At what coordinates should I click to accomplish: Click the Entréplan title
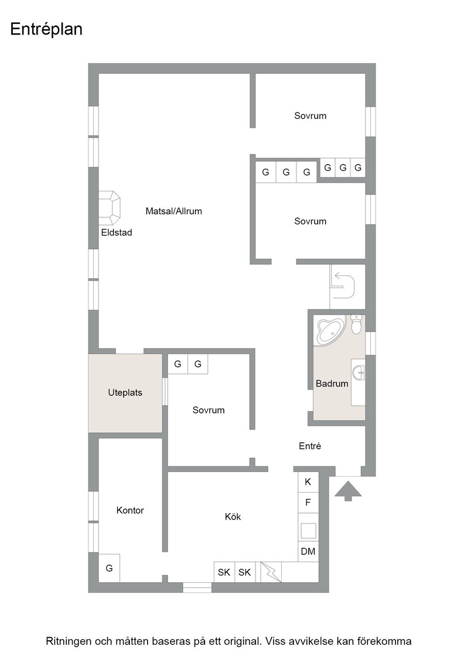click(46, 29)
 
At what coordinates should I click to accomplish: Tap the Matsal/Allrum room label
click(173, 211)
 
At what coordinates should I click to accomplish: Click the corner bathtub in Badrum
click(330, 332)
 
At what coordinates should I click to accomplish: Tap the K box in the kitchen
click(308, 482)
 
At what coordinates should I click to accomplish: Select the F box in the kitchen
click(308, 503)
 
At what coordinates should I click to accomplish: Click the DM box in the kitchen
click(308, 551)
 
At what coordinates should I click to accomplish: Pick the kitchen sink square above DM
click(308, 531)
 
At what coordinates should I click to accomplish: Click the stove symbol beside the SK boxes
click(271, 572)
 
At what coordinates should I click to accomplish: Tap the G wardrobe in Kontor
click(109, 568)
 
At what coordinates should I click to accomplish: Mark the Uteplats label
click(125, 393)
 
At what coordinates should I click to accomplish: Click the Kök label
click(233, 517)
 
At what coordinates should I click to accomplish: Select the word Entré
click(310, 446)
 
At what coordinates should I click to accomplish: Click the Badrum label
click(332, 383)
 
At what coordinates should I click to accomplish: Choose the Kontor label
click(130, 510)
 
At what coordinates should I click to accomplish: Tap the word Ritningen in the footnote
click(68, 641)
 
